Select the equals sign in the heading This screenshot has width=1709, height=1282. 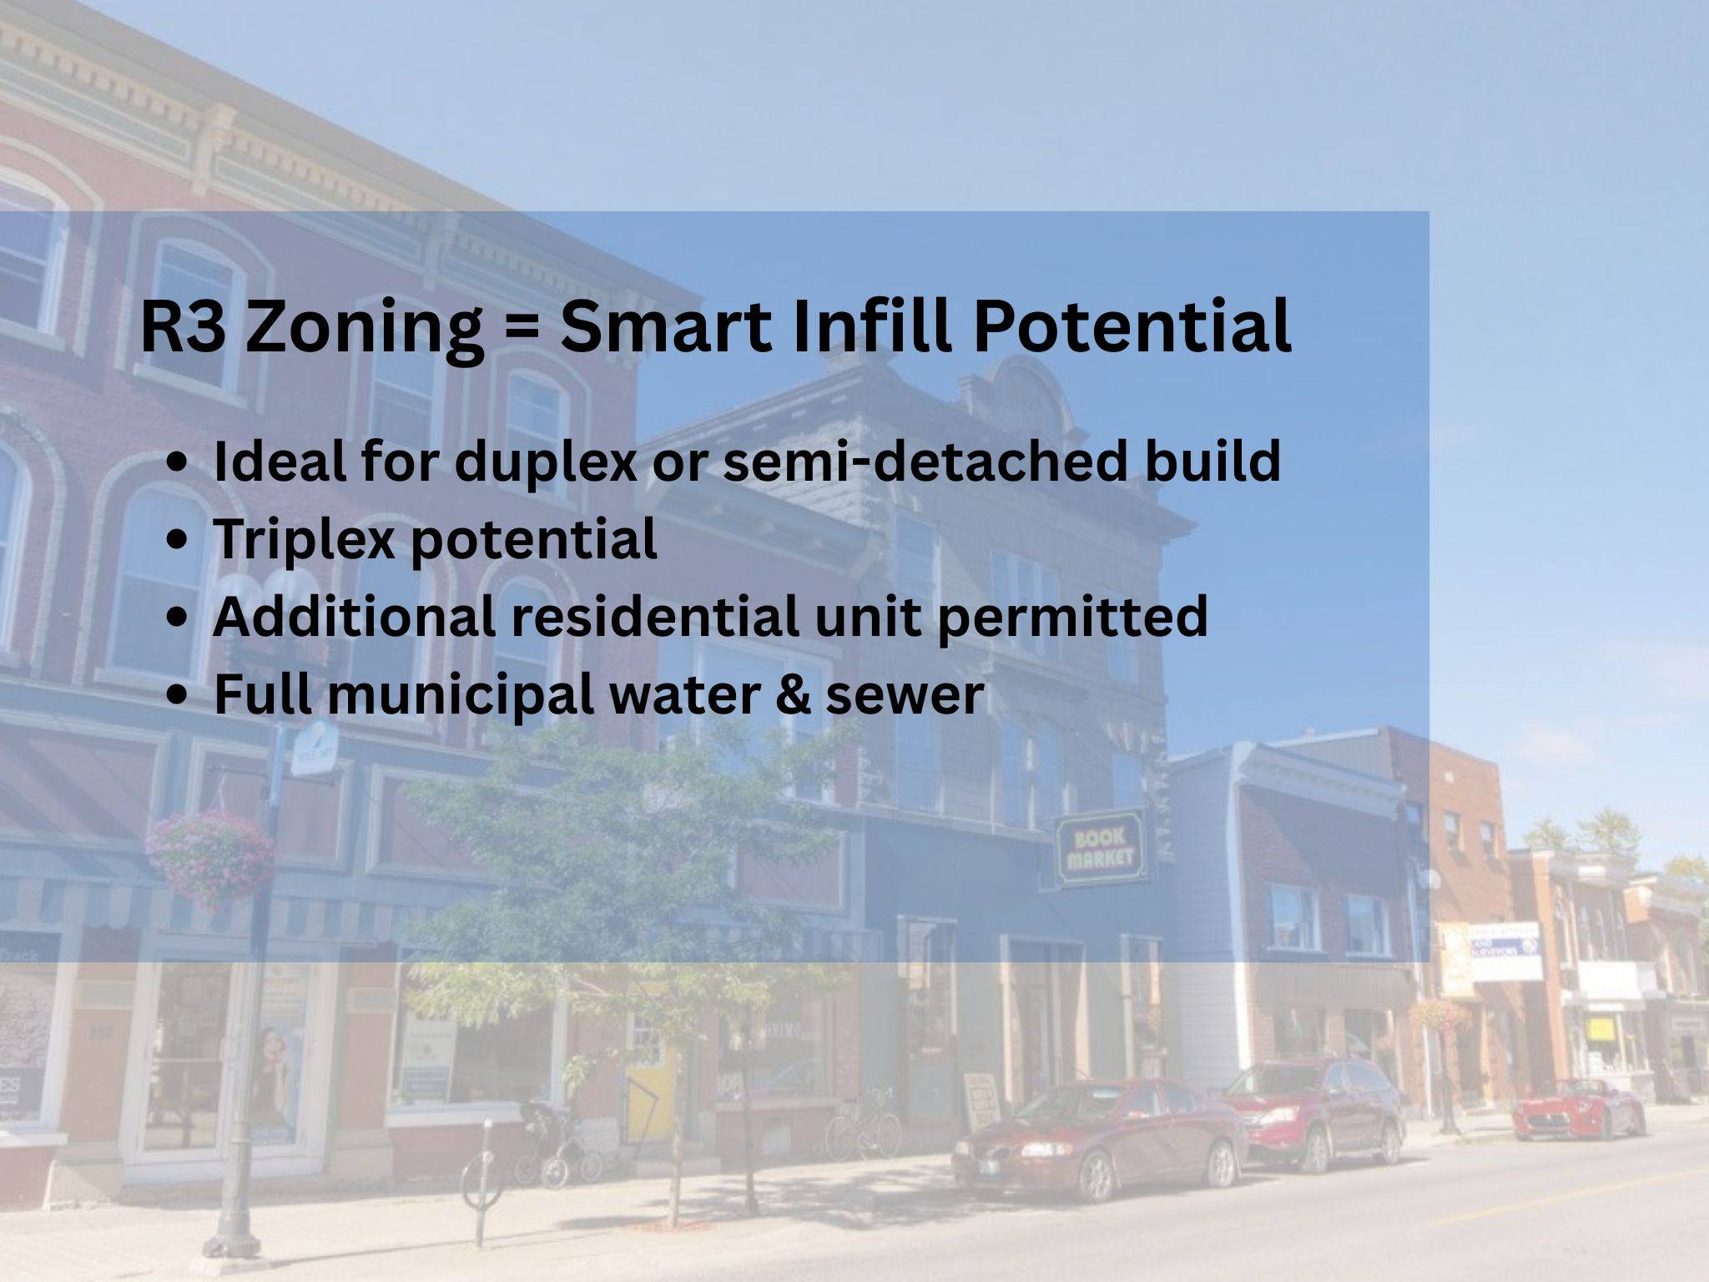(x=522, y=327)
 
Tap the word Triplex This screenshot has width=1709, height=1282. (x=304, y=538)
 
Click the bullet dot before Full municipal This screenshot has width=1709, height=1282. (x=177, y=695)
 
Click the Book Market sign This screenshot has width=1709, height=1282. (x=1101, y=846)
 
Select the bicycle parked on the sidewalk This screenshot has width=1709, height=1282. (x=864, y=1122)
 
